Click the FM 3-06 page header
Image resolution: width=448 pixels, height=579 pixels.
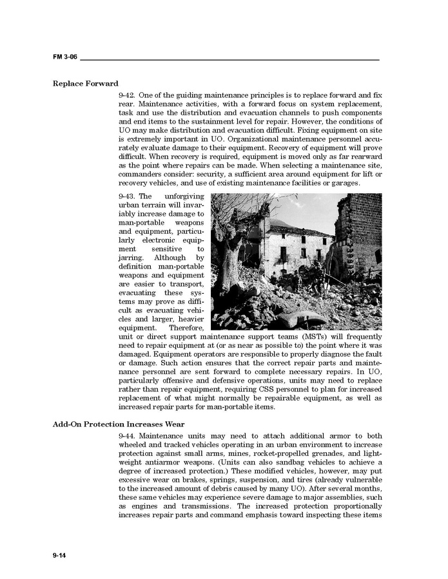coord(65,57)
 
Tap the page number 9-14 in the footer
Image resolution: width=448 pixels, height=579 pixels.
coord(59,555)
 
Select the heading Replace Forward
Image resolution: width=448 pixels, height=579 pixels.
coord(85,84)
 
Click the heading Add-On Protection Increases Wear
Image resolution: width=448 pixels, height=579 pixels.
coord(119,424)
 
